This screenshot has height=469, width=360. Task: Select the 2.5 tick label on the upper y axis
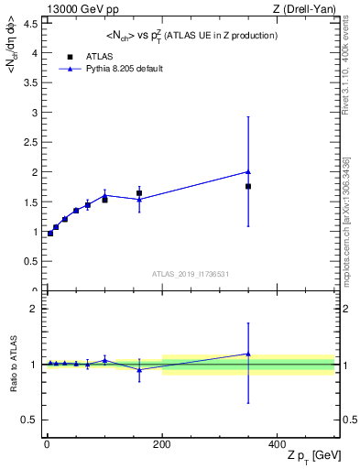tap(30, 142)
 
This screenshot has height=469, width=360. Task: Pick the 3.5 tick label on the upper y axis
tap(30, 82)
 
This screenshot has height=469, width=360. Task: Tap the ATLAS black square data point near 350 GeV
tap(248, 186)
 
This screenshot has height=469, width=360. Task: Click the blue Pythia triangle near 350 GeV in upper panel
tap(248, 171)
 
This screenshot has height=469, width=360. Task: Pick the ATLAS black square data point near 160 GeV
tap(139, 193)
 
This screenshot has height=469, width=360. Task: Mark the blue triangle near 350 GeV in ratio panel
tap(248, 354)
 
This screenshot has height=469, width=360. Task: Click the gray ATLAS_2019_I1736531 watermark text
tap(190, 274)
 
